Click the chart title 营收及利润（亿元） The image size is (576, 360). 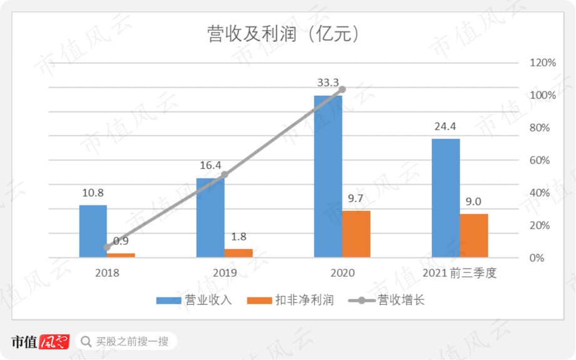284,34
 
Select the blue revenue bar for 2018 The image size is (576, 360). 93,231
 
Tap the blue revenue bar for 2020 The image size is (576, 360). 328,177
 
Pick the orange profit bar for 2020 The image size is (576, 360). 356,234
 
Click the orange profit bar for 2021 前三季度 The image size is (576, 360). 474,235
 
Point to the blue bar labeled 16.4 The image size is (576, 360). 210,218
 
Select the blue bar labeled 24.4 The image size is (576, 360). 446,198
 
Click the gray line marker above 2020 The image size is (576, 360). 342,90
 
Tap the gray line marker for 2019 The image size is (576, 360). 225,175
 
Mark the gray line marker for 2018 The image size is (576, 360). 107,247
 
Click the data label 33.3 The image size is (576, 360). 328,82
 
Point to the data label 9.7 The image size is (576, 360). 356,198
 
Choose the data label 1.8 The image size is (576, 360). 239,237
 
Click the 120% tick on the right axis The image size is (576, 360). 543,63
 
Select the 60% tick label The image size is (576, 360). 540,160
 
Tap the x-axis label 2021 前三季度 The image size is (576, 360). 459,274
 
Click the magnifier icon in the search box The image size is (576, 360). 86,342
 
